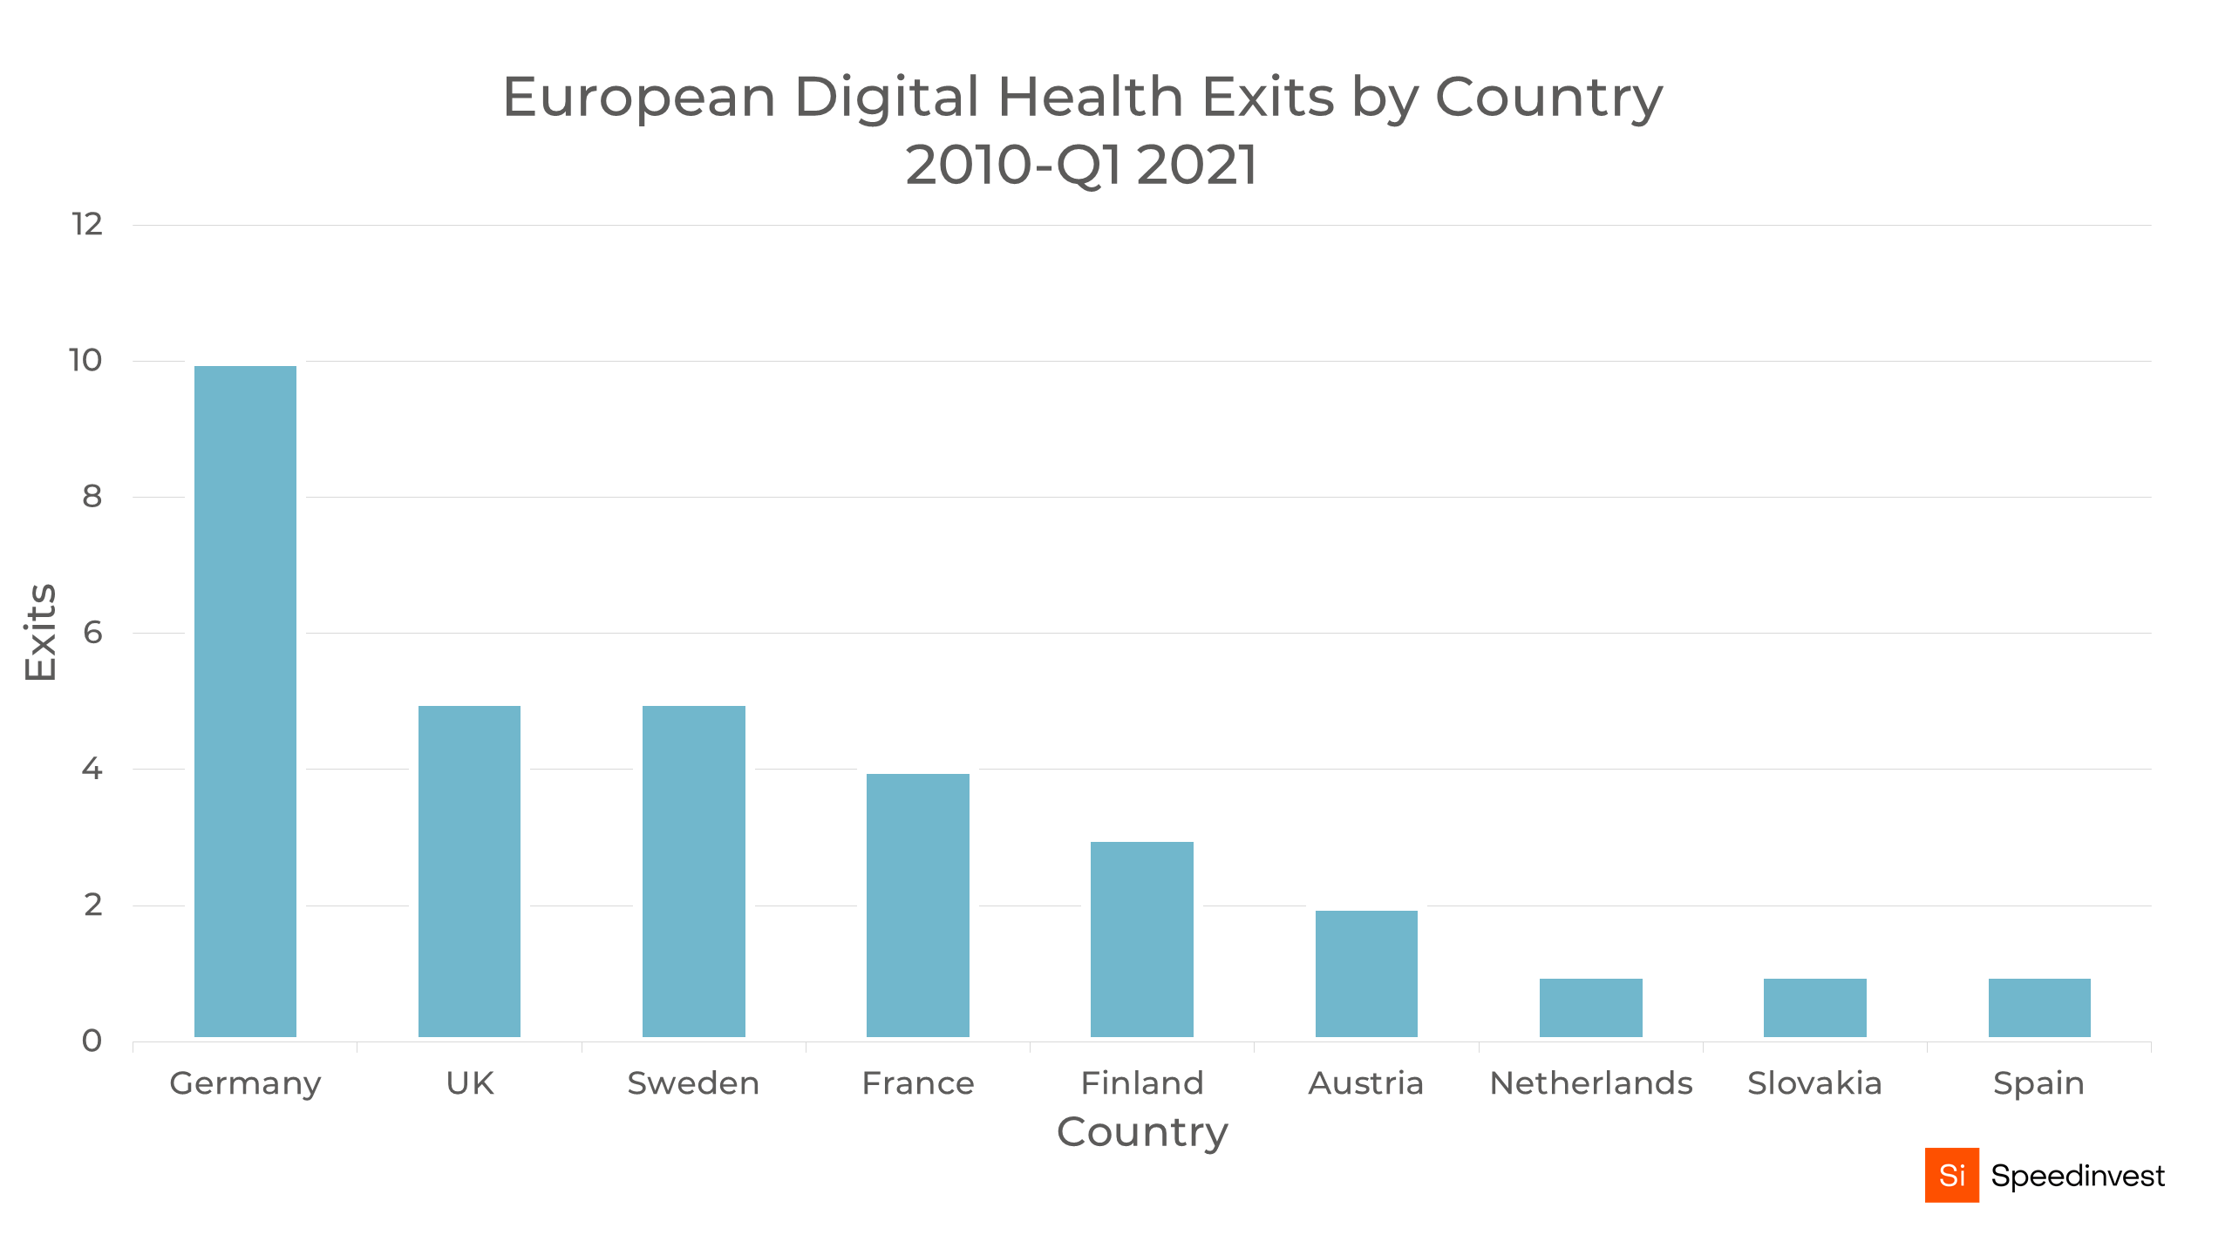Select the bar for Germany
coord(245,701)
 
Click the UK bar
coord(469,871)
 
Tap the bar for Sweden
coord(693,871)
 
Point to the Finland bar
coord(1141,939)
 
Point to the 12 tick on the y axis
coord(87,225)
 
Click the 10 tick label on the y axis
coord(85,361)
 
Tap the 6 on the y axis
coord(92,633)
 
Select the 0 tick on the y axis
coord(92,1041)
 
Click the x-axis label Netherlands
coord(1590,1083)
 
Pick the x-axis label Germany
coord(245,1083)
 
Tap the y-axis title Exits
coord(40,633)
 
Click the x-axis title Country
coord(1142,1132)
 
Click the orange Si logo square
coord(1951,1175)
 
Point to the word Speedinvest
coord(2077,1177)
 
